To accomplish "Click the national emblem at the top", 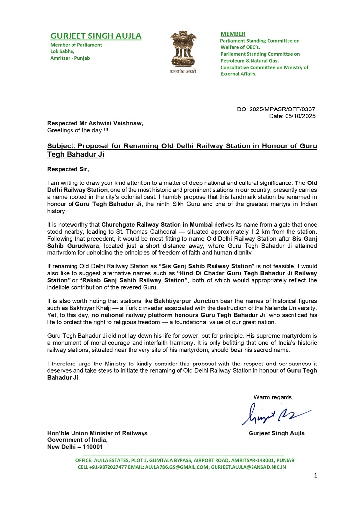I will pyautogui.click(x=183, y=48).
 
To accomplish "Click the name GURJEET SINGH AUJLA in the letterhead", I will pyautogui.click(x=96, y=36).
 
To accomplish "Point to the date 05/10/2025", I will pyautogui.click(x=300, y=116).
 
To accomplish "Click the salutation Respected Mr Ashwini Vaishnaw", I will pyautogui.click(x=95, y=123).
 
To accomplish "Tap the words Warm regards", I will pyautogui.click(x=274, y=397).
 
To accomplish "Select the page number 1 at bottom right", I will pyautogui.click(x=316, y=475).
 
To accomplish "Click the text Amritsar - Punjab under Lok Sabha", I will pyautogui.click(x=70, y=58).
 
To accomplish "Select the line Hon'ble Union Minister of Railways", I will pyautogui.click(x=97, y=433).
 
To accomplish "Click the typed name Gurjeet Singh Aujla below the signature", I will pyautogui.click(x=277, y=433).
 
